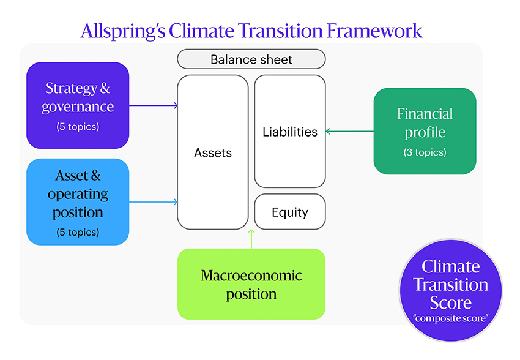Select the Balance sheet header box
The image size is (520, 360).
point(251,59)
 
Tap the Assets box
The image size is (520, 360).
point(212,153)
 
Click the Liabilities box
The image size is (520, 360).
point(289,131)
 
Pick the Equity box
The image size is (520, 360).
point(289,212)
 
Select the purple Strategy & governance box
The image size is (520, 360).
point(78,105)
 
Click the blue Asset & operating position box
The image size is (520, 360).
point(78,202)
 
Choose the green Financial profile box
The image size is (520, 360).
point(425,131)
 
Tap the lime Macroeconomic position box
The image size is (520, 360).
point(251,284)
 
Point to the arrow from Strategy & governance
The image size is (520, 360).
point(153,106)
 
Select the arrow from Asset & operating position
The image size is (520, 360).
point(153,202)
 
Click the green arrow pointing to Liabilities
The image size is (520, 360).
point(349,131)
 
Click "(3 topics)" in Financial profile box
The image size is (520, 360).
point(425,152)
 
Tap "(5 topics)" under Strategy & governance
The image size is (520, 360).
point(78,127)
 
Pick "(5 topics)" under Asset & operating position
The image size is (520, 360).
point(78,232)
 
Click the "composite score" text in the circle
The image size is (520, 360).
point(450,318)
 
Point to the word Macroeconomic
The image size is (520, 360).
point(251,275)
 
